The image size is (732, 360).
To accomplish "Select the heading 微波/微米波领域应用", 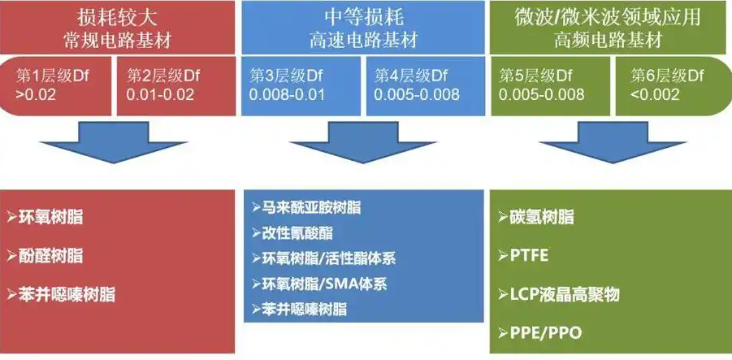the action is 610,15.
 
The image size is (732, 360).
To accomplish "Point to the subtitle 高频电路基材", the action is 610,39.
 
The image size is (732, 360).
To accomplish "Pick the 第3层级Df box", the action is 301,85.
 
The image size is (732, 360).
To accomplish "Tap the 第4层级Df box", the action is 422,85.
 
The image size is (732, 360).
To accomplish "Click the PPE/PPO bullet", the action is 539,333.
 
